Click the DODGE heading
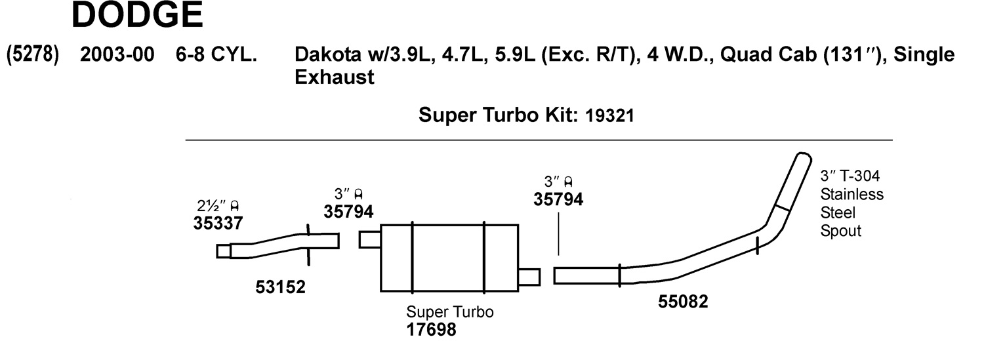pos(137,15)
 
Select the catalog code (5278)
pos(32,56)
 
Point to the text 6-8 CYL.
pos(216,56)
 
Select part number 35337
pos(218,223)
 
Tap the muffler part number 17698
pos(431,330)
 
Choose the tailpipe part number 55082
pos(684,303)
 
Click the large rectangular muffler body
pos(448,258)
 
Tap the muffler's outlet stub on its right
pos(529,277)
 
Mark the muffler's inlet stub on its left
pos(370,239)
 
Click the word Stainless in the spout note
pos(851,195)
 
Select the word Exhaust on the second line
pos(334,78)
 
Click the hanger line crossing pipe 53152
pos(308,244)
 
